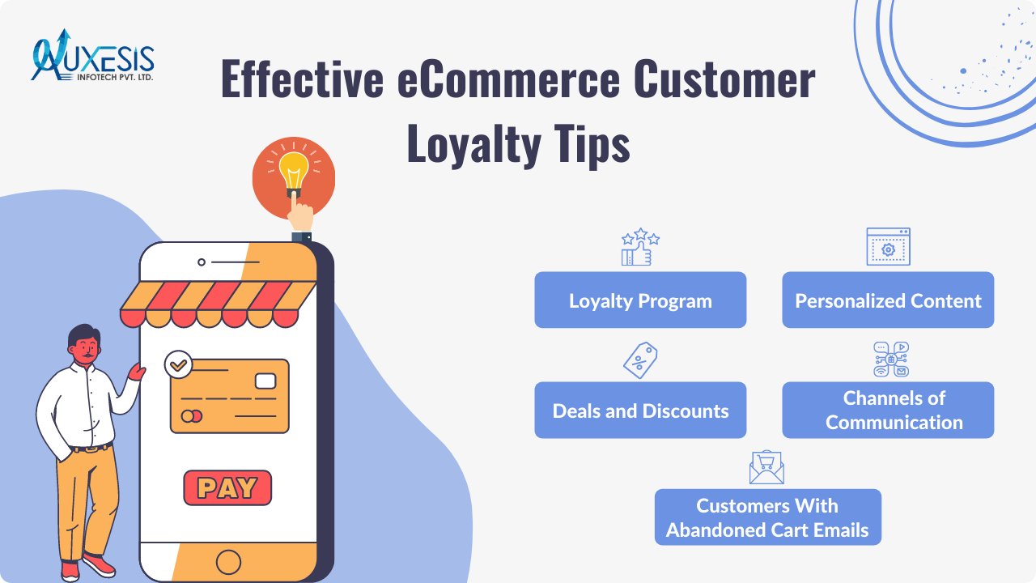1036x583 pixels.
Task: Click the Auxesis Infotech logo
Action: point(92,57)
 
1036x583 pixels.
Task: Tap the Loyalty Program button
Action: point(640,300)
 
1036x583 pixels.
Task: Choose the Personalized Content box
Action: point(888,300)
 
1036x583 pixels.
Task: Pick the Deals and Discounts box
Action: point(640,411)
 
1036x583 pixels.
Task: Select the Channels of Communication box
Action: point(888,411)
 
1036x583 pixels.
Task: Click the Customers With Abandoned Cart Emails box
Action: point(767,517)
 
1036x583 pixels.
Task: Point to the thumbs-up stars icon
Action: point(640,247)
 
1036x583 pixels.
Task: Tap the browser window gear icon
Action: point(888,247)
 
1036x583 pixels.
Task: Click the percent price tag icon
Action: point(639,360)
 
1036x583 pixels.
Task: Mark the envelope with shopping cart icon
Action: point(766,467)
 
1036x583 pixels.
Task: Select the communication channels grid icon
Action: point(891,360)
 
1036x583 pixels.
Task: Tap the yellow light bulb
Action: point(293,171)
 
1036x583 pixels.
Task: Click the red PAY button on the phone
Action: point(227,487)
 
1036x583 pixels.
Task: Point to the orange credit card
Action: point(230,396)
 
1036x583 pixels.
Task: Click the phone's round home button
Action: point(229,561)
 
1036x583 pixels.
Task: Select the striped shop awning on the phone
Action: point(219,304)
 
